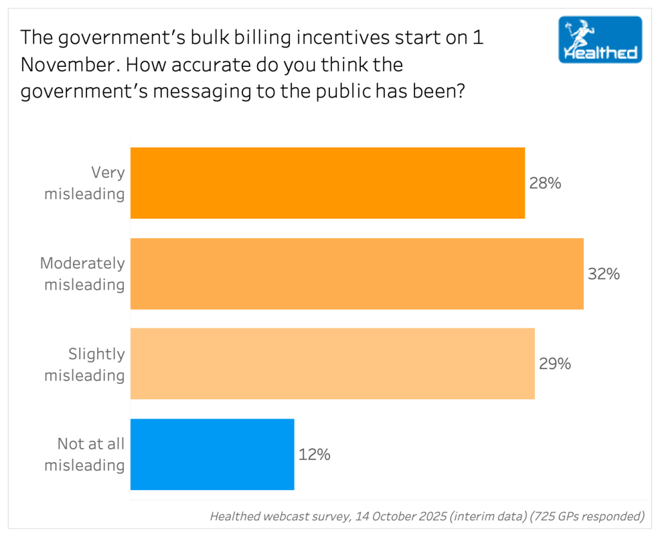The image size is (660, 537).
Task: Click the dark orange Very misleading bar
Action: (327, 183)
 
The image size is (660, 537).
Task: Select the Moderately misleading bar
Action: (357, 274)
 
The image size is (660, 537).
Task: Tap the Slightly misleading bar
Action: (333, 364)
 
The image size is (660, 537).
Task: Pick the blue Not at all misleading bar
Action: (212, 455)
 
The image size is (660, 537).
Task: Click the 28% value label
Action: (545, 184)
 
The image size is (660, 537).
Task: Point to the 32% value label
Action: (604, 274)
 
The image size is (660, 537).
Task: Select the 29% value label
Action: (555, 364)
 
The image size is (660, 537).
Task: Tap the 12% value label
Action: (315, 455)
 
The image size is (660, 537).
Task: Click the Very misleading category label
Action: (85, 183)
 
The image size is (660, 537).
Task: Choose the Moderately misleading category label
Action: (82, 274)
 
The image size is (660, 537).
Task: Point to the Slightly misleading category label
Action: (85, 364)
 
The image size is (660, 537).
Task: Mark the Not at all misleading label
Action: (85, 455)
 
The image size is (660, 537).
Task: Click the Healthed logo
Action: (600, 39)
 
